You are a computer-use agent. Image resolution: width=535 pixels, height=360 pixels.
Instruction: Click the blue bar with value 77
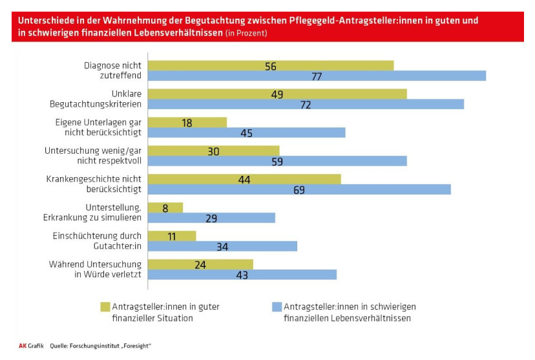pyautogui.click(x=317, y=76)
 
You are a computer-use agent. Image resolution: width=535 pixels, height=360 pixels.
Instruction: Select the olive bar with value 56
pyautogui.click(x=271, y=65)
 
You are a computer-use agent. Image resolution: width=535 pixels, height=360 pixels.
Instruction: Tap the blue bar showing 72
pyautogui.click(x=306, y=104)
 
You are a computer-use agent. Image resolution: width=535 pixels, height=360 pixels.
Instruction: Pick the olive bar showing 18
pyautogui.click(x=187, y=122)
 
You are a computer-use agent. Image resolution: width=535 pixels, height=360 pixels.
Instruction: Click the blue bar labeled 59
pyautogui.click(x=277, y=161)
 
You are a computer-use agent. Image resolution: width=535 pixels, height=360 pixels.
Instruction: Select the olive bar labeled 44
pyautogui.click(x=244, y=179)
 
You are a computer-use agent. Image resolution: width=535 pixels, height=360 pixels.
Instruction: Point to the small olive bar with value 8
pyautogui.click(x=165, y=207)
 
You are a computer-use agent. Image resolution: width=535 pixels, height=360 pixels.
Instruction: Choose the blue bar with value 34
pyautogui.click(x=222, y=246)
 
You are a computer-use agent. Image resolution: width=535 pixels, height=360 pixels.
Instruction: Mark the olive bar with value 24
pyautogui.click(x=200, y=264)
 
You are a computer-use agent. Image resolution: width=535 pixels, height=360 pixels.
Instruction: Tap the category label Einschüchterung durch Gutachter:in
pyautogui.click(x=98, y=240)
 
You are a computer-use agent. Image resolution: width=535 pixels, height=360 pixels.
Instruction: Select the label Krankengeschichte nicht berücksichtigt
pyautogui.click(x=94, y=184)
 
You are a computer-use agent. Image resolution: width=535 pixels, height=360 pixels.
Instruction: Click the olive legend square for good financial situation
pyautogui.click(x=104, y=306)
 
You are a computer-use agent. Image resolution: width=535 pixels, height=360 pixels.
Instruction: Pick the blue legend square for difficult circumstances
pyautogui.click(x=275, y=306)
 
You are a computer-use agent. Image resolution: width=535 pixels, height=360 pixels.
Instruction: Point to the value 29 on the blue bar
pyautogui.click(x=212, y=218)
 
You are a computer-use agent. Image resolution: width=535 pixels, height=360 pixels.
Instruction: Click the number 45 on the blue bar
pyautogui.click(x=246, y=133)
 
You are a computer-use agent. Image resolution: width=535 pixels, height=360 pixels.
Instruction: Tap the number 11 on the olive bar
pyautogui.click(x=172, y=237)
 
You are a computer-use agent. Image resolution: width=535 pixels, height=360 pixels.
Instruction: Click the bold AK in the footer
pyautogui.click(x=22, y=346)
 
